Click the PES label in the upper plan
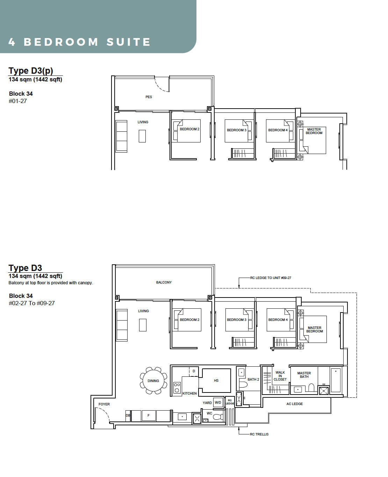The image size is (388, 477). pos(149,97)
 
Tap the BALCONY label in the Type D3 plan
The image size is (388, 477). pos(164,282)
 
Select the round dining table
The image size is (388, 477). pos(153,381)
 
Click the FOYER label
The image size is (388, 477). pos(104,404)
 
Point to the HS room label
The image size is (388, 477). pos(216,381)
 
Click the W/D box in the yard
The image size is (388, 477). pos(218,402)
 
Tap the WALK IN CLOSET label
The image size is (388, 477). pos(280,376)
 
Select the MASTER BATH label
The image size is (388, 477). pos(304,375)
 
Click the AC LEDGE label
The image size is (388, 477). pos(295,404)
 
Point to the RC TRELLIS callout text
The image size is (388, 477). pos(259,434)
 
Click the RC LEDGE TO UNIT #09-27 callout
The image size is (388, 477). pos(271,278)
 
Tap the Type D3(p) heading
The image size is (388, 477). pos(31,71)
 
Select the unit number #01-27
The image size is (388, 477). pos(18,101)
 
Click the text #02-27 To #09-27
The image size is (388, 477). pos(31,303)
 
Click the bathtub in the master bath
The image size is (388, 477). pos(336,380)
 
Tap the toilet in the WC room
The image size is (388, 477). pos(218,417)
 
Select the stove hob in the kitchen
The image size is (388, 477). pos(177,388)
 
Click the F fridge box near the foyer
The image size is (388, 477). pos(149,416)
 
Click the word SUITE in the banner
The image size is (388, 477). pos(128,42)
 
